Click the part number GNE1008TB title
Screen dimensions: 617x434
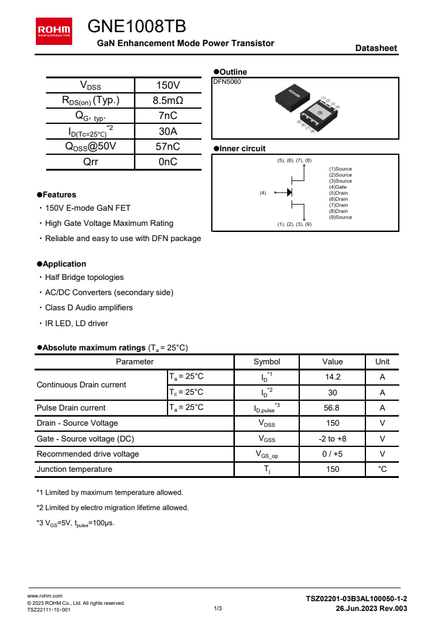coord(137,27)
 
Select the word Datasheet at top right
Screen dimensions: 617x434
coord(376,48)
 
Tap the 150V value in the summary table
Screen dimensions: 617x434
coord(168,85)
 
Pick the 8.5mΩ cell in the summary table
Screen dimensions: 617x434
coord(168,100)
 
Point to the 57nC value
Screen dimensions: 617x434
coord(168,146)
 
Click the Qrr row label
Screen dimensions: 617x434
coord(90,162)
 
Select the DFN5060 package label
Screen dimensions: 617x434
coord(227,82)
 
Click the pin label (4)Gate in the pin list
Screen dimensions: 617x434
coord(338,187)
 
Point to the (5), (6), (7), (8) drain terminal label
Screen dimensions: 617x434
coord(294,160)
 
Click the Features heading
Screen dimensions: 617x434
coord(59,195)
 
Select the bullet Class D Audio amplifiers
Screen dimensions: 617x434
coord(89,308)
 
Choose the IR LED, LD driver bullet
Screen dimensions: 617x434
coord(76,324)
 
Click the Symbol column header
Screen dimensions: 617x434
coord(266,362)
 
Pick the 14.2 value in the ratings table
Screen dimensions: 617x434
coord(333,377)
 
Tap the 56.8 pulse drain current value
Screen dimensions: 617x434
coord(333,408)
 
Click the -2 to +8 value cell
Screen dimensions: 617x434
coord(333,438)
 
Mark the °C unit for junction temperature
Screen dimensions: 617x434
coord(382,469)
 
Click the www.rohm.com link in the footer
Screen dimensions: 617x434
coord(45,596)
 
